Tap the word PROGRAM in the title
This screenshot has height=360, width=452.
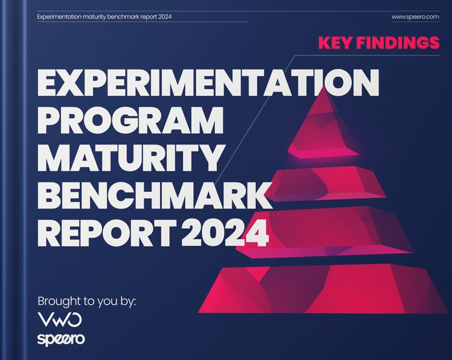[x=130, y=122]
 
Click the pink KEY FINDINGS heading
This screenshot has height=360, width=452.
[x=379, y=43]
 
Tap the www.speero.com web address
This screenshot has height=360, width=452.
[x=415, y=16]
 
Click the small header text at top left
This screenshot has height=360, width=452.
[x=104, y=16]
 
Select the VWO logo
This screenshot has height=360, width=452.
[x=60, y=320]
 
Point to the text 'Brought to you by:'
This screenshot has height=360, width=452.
[x=86, y=301]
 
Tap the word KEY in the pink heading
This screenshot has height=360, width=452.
[x=335, y=43]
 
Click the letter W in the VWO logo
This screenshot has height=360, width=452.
[x=60, y=320]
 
